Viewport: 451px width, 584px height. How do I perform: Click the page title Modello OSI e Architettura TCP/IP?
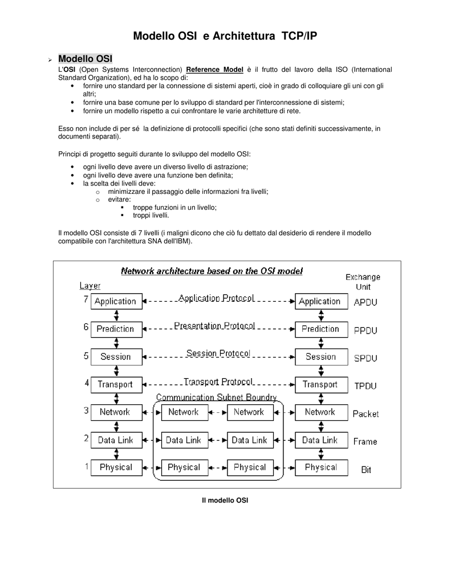[x=225, y=36]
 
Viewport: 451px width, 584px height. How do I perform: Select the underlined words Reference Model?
[x=214, y=70]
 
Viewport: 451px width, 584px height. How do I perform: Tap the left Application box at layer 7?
[x=115, y=302]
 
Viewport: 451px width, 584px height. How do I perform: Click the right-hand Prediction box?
[x=320, y=329]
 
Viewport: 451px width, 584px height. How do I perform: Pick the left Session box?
[x=115, y=357]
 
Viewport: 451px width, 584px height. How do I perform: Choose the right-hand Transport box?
[x=320, y=384]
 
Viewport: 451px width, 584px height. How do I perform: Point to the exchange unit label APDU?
[x=365, y=303]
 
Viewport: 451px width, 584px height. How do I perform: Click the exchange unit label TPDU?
[x=365, y=386]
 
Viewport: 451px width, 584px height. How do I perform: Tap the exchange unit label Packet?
[x=365, y=414]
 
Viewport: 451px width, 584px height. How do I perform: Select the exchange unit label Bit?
[x=366, y=470]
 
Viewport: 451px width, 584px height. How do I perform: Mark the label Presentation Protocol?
[x=214, y=326]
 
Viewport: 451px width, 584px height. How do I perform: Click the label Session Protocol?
[x=218, y=354]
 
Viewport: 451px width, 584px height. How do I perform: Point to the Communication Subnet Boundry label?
[x=217, y=398]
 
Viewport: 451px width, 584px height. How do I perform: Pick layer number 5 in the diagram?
[x=86, y=356]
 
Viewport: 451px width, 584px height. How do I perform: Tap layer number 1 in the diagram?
[x=86, y=467]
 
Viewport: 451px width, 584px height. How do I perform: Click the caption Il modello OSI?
[x=225, y=500]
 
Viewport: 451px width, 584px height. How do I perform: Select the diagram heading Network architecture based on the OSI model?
[x=212, y=271]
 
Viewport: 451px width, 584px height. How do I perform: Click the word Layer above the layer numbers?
[x=90, y=286]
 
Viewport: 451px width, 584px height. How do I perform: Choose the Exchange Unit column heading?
[x=363, y=282]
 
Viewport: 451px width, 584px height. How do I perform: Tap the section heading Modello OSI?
[x=85, y=59]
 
